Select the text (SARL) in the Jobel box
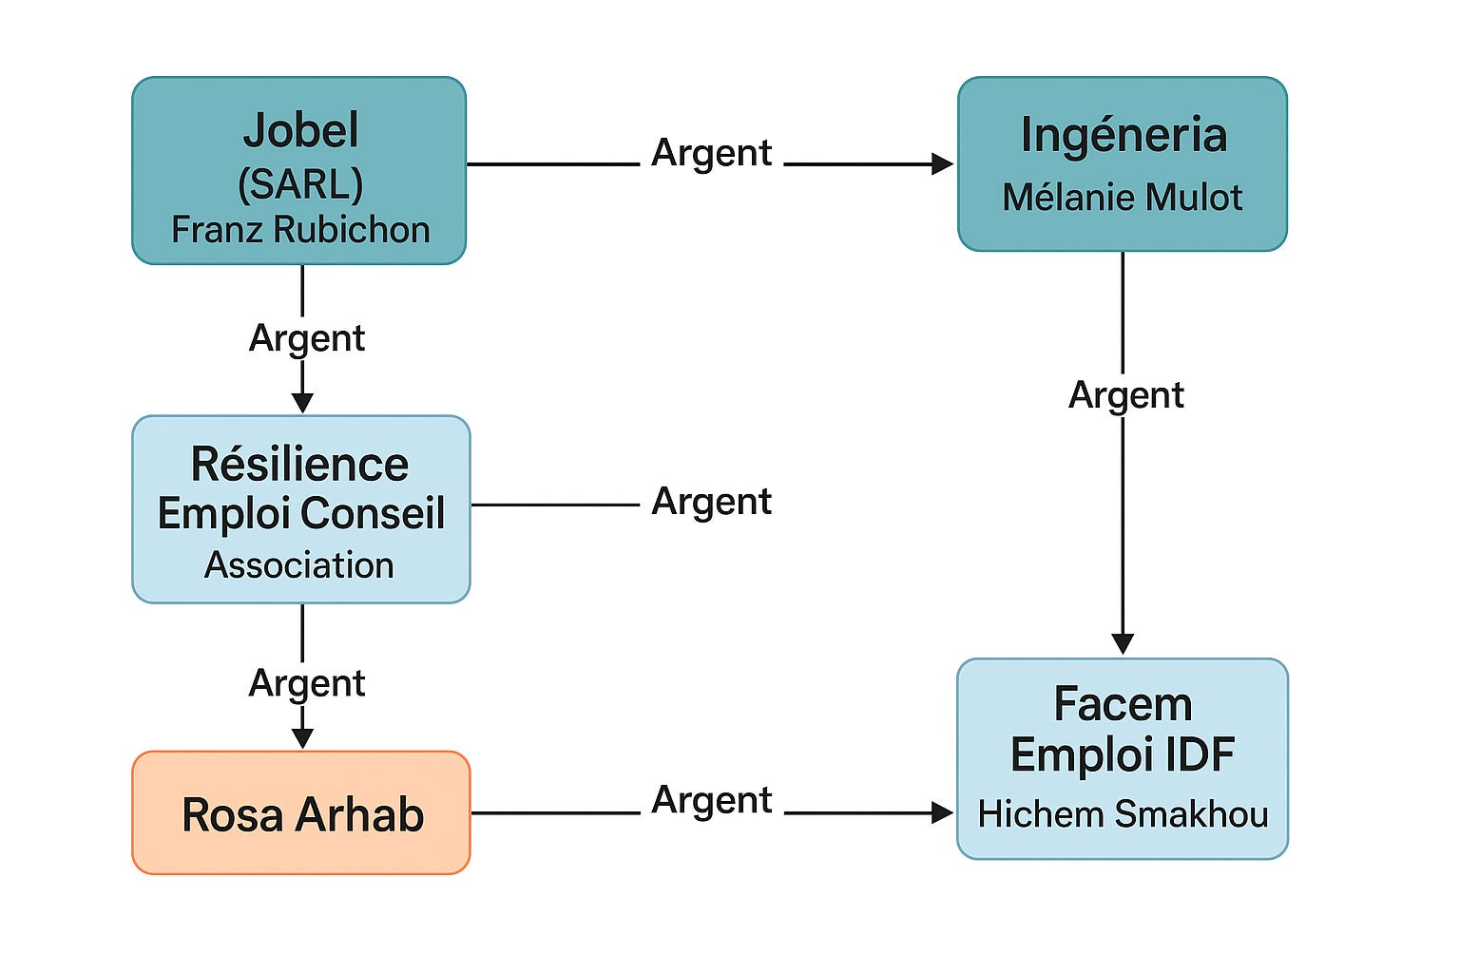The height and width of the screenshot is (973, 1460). click(x=300, y=183)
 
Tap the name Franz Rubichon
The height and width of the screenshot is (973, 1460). click(x=300, y=230)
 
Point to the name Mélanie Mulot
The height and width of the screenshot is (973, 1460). click(x=1123, y=197)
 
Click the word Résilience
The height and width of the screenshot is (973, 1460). click(x=299, y=464)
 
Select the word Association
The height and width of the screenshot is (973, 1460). click(x=299, y=565)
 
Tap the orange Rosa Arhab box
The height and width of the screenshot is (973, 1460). click(x=301, y=812)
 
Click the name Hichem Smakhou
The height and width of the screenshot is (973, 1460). click(x=1123, y=814)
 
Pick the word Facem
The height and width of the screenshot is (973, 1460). click(x=1123, y=704)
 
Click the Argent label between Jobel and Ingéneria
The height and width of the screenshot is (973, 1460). click(x=712, y=155)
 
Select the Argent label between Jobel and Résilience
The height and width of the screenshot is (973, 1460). click(x=307, y=340)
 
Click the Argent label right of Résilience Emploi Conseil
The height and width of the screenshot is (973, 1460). click(x=712, y=504)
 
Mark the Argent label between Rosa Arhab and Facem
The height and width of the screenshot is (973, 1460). click(x=712, y=802)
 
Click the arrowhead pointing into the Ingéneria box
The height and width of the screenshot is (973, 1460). click(x=943, y=164)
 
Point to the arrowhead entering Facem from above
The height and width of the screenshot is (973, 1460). click(x=1123, y=644)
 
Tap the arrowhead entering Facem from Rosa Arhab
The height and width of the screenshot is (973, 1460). click(x=943, y=812)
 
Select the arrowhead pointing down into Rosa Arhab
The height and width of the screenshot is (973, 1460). click(x=302, y=738)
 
